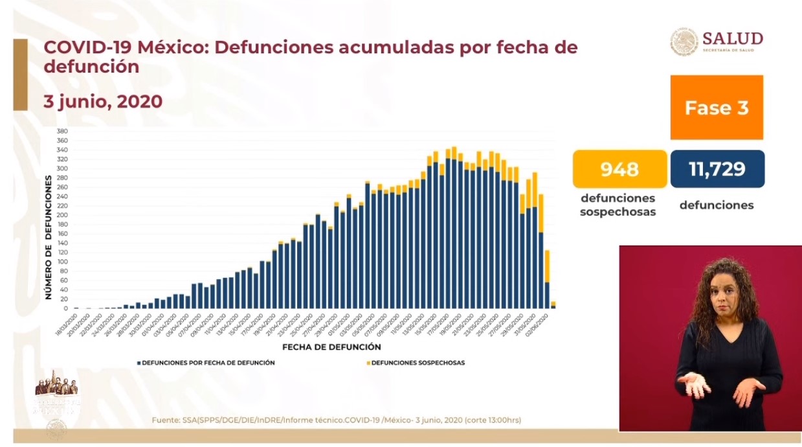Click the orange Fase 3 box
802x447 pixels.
(x=717, y=108)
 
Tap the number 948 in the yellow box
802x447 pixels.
(x=619, y=169)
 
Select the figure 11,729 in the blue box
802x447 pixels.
(x=717, y=169)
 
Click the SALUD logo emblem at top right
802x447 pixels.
(x=684, y=41)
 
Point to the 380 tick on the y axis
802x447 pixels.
(x=63, y=132)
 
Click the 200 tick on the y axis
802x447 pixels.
(x=63, y=215)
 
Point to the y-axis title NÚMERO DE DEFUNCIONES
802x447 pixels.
(x=49, y=238)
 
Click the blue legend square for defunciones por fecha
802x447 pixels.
(x=139, y=363)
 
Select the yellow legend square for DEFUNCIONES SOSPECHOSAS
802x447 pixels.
(x=368, y=363)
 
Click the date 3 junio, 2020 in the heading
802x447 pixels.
(x=103, y=102)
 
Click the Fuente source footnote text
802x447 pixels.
(x=336, y=420)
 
